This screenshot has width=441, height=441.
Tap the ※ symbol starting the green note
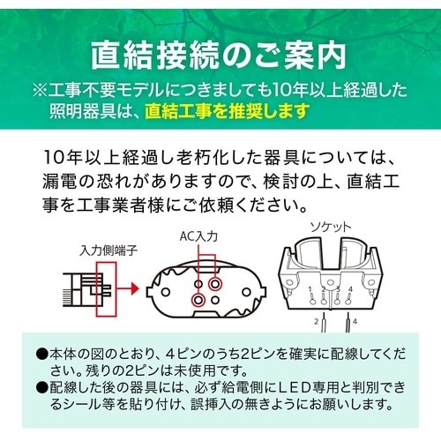41,90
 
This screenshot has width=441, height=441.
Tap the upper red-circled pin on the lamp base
214,284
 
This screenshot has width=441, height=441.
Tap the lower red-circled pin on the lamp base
198,300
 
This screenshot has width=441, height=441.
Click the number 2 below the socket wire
318,323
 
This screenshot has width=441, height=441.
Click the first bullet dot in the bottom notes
41,354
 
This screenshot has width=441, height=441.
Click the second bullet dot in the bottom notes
41,388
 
